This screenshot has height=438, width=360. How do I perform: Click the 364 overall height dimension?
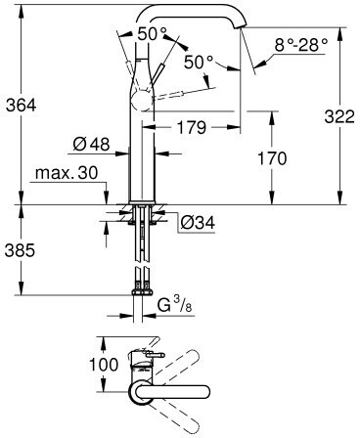(22, 106)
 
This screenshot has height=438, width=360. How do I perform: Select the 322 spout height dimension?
(339, 116)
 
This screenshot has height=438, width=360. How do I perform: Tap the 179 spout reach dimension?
(192, 127)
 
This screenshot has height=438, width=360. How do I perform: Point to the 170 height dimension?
(272, 158)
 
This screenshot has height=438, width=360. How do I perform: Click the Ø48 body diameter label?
(91, 144)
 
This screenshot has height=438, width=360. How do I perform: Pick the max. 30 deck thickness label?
(67, 173)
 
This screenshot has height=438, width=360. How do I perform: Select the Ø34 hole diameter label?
(198, 223)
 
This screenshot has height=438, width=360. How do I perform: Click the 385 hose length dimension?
(20, 250)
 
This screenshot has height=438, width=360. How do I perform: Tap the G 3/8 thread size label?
(175, 306)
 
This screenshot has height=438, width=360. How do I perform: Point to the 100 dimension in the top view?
(104, 365)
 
